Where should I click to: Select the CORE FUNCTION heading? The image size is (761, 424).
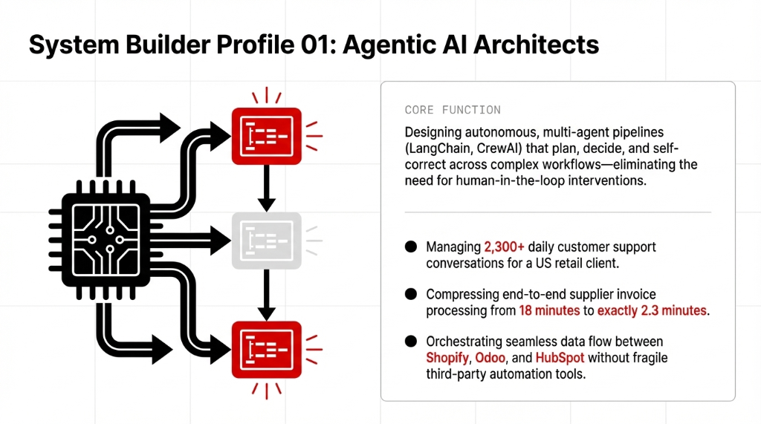coord(453,110)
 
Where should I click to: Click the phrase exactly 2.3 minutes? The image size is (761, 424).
coord(653,310)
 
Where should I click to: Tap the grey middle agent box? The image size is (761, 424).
coord(267,240)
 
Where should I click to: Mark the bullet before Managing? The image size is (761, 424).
coord(411,247)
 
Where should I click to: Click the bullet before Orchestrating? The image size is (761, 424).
coord(411,342)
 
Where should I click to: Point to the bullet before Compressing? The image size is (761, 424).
coord(411,295)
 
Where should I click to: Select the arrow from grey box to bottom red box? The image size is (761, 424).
coord(267,293)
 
